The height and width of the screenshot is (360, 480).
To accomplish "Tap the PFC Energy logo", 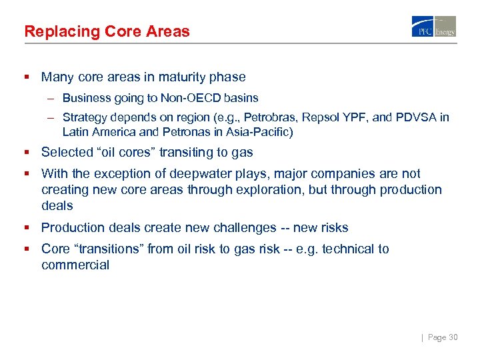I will [434, 27].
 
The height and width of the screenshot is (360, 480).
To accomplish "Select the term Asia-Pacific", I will [263, 132].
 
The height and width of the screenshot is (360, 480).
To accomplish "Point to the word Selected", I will [65, 153].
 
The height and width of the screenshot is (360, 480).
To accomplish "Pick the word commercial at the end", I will [75, 265].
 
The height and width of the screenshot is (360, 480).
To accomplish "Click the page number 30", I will [453, 338].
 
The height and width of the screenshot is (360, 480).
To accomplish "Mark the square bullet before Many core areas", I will [28, 77].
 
